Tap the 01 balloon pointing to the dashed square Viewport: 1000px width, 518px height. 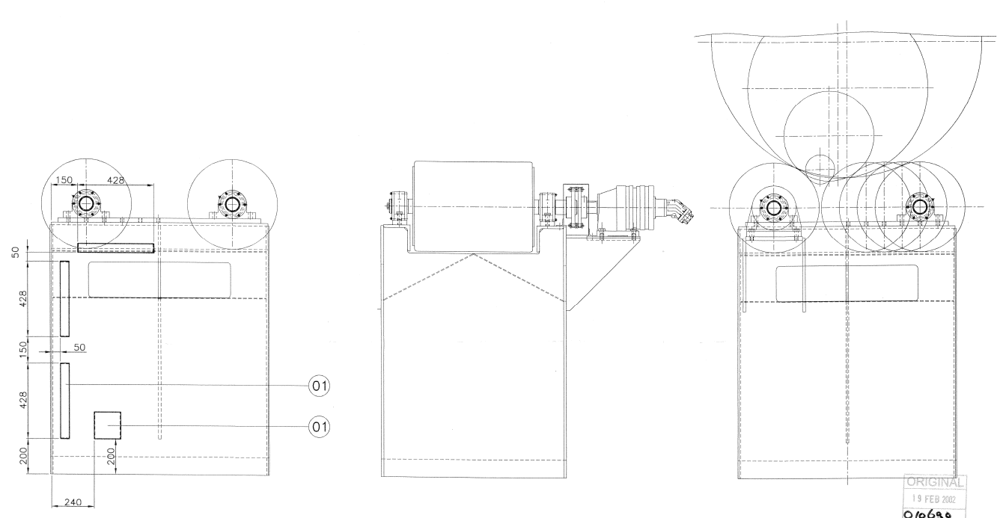coord(319,425)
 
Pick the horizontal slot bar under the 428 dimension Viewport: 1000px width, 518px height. coord(116,247)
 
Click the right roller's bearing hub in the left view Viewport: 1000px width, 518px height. coord(233,204)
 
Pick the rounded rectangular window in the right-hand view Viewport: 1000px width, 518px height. coord(847,283)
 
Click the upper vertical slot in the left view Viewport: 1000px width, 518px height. coord(65,298)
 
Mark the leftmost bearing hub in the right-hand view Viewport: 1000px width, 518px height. coord(771,206)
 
